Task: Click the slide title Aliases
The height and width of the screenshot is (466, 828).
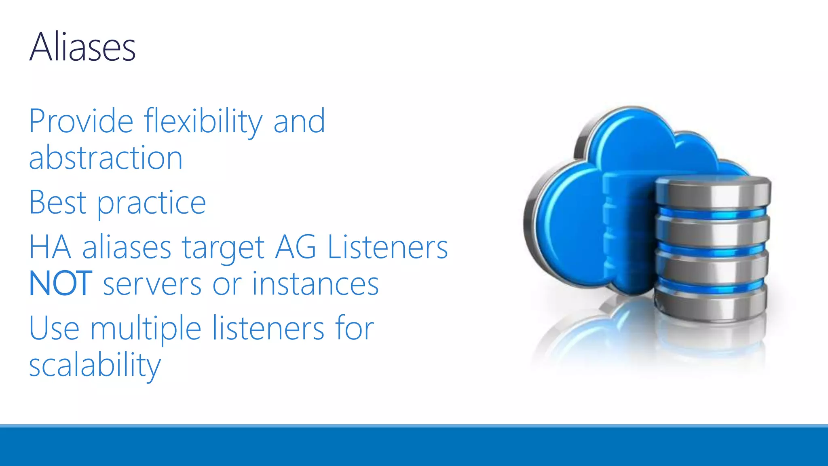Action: (82, 47)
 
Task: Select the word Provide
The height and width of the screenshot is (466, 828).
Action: (81, 121)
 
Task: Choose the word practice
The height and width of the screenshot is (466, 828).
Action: (152, 203)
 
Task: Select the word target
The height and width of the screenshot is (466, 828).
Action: (223, 248)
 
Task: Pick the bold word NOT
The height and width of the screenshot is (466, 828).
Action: (61, 284)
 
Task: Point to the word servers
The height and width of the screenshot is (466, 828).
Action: (152, 284)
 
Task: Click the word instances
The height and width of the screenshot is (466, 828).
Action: (315, 284)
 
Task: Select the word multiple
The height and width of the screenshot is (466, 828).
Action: (146, 328)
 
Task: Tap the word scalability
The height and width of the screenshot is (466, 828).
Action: (95, 365)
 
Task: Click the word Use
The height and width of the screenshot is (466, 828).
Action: (54, 328)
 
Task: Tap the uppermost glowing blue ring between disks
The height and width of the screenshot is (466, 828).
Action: (712, 213)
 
